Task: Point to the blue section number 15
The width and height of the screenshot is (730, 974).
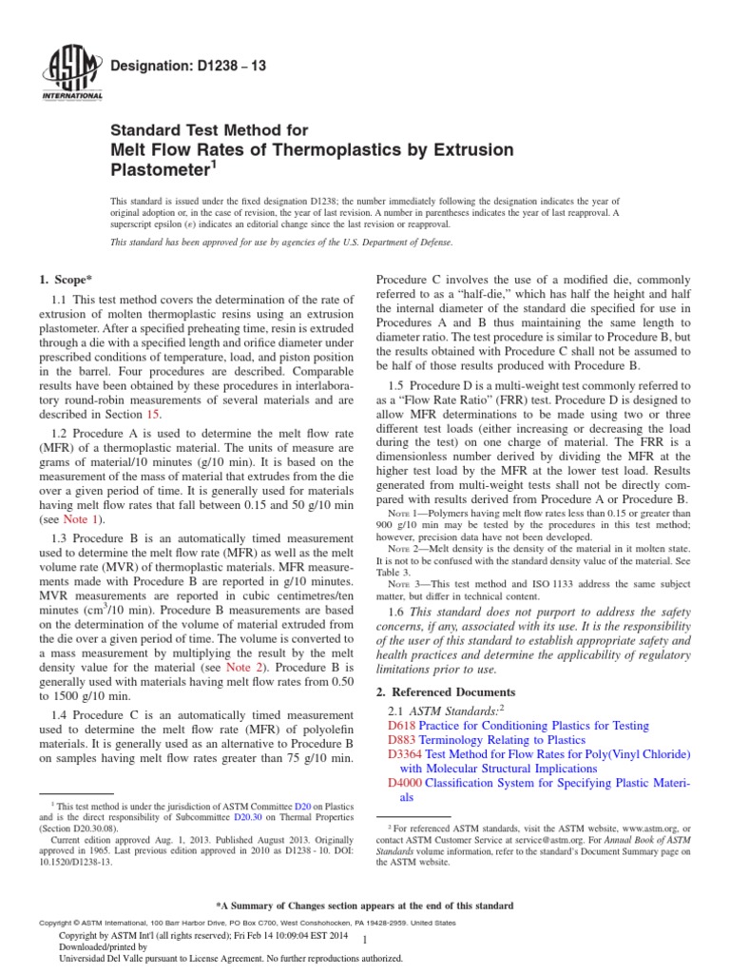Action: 153,414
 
